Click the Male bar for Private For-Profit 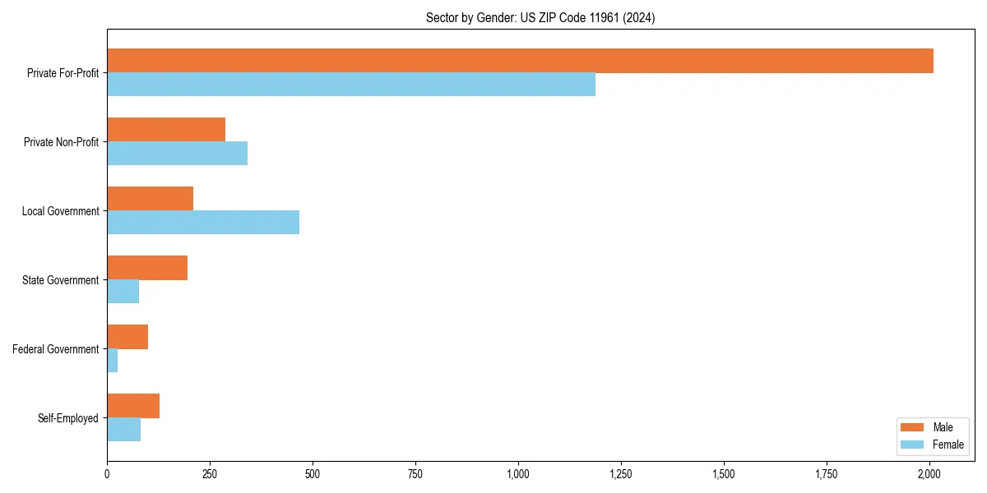click(x=520, y=61)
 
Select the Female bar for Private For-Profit click(x=351, y=85)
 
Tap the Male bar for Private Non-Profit click(x=166, y=130)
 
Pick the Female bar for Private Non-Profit click(x=177, y=154)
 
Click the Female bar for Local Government click(x=203, y=223)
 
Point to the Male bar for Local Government click(x=150, y=199)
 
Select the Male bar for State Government click(x=147, y=268)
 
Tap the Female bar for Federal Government click(x=113, y=361)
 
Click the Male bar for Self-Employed click(x=133, y=406)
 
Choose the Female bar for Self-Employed click(x=123, y=430)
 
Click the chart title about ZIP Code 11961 click(x=540, y=17)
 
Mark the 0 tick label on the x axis click(x=107, y=474)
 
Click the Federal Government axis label click(x=56, y=349)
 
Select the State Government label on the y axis click(x=60, y=280)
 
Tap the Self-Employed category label click(x=67, y=418)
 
